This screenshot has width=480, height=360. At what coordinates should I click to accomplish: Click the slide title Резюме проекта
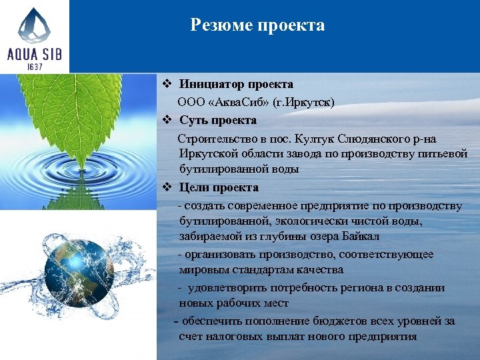(257, 25)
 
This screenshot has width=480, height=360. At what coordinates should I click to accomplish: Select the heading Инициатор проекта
(236, 85)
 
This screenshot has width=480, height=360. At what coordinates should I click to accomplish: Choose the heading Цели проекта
(219, 187)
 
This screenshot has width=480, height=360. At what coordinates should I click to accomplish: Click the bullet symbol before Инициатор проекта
(169, 85)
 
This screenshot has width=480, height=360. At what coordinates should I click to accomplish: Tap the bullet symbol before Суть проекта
(169, 120)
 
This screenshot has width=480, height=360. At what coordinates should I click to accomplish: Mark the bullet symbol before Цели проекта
(169, 187)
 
